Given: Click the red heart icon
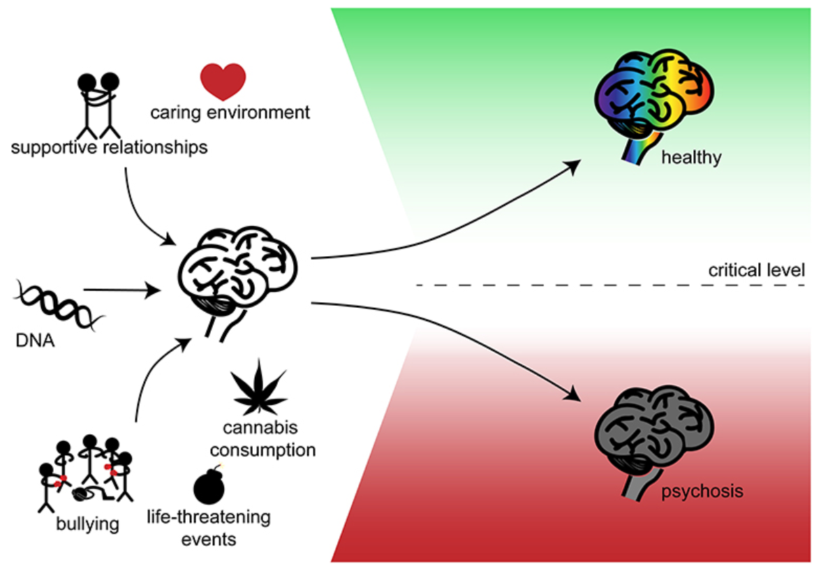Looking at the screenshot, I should coord(223,81).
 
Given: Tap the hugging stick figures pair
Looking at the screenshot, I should coord(98,104).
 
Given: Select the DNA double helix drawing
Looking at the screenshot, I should coord(58,304).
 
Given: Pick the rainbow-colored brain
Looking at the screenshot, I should coord(653,97).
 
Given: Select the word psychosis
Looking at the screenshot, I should coord(702,491).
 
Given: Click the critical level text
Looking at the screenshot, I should coord(757,270).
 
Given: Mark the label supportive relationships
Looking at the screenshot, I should coord(109,147).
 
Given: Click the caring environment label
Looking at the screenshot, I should coord(230,112).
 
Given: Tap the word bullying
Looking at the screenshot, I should coord(87,522).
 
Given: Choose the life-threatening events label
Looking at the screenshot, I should coord(208,528).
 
